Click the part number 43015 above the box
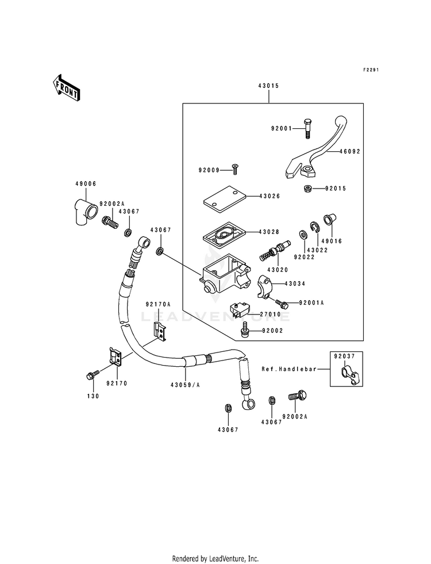coord(268,86)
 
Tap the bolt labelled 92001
coord(307,128)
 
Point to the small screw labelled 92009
coord(236,169)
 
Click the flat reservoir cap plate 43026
coord(224,197)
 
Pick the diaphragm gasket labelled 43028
coord(224,234)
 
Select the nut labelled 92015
coord(307,188)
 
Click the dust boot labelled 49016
coord(329,219)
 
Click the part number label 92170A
coord(158,304)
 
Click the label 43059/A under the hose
coord(185,385)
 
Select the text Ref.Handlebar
coord(289,369)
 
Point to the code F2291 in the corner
coord(371,70)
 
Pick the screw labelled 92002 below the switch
coord(245,330)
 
